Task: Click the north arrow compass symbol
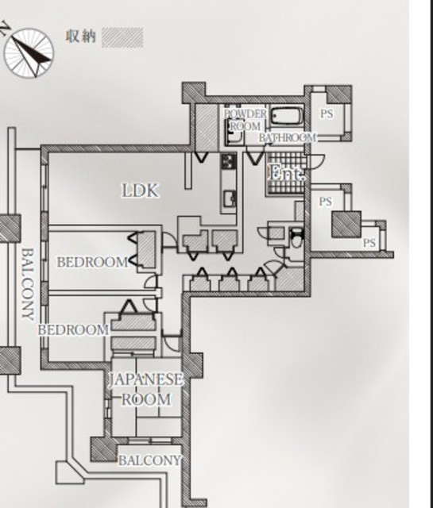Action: coord(29,53)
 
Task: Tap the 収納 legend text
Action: coord(81,37)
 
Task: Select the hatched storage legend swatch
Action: coord(122,37)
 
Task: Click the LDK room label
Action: coord(141,190)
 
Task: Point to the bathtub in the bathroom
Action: coord(286,117)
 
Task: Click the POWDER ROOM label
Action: coord(245,120)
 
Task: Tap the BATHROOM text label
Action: coord(288,137)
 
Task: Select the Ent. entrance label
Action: coord(287,172)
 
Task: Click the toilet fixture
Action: coord(296,238)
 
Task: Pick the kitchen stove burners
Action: coord(229,161)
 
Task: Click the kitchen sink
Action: coord(230,198)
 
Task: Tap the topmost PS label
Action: coord(327,114)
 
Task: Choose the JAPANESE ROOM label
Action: coord(145,389)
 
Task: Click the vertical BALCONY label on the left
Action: coord(28,284)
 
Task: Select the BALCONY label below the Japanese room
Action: coord(149,460)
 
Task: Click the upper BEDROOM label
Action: coord(92,262)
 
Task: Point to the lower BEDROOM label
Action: coord(73,330)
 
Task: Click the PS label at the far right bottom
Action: coord(369,243)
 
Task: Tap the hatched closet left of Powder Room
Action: coord(207,127)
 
